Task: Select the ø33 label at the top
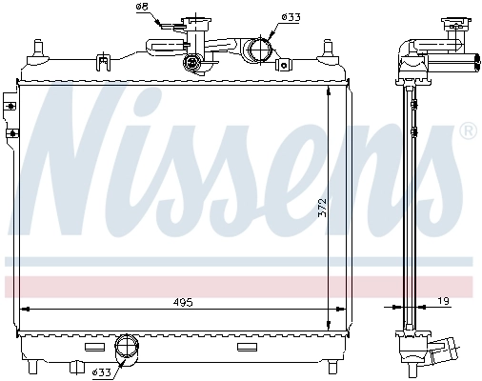point(291,16)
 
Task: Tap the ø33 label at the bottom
point(102,371)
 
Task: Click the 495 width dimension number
point(183,302)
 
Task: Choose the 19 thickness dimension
point(445,302)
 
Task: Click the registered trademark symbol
point(468,130)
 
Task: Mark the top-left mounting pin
point(38,47)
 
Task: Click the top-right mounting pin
point(330,48)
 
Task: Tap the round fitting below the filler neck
point(195,64)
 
